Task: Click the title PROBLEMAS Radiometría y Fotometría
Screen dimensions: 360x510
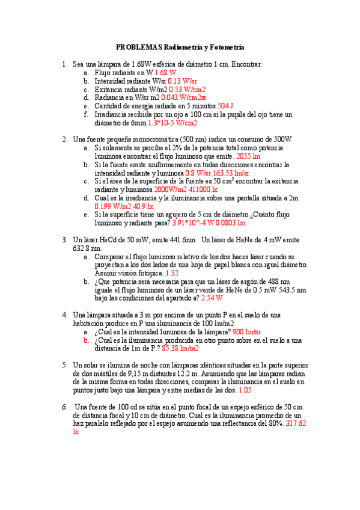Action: click(x=180, y=47)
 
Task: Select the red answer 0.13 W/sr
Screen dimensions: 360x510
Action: click(x=184, y=81)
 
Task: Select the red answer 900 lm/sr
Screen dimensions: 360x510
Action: click(x=246, y=331)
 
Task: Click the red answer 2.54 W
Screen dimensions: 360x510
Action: click(x=212, y=298)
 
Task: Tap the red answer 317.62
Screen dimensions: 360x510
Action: click(x=296, y=423)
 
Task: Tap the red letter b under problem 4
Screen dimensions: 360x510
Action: click(x=87, y=340)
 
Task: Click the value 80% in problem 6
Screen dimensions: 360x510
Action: click(x=275, y=423)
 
